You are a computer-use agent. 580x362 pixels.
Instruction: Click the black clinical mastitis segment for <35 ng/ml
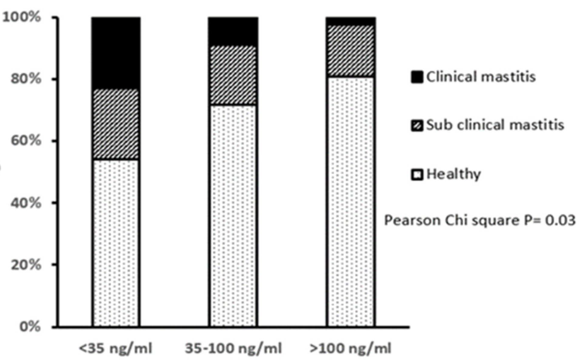click(x=116, y=53)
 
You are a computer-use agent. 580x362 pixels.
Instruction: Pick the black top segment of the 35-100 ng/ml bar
click(x=233, y=31)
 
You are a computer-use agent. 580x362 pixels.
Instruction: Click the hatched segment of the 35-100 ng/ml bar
click(x=233, y=75)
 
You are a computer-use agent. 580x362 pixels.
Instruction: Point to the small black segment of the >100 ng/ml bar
click(x=351, y=21)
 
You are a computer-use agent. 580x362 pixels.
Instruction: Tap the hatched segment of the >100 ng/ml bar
click(x=351, y=51)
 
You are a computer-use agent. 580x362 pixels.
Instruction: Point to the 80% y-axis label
click(x=25, y=79)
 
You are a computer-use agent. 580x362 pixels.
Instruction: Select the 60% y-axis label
click(x=25, y=141)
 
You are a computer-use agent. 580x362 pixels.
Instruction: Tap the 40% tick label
click(x=25, y=203)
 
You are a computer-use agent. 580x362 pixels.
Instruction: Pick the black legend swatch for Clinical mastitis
click(x=417, y=77)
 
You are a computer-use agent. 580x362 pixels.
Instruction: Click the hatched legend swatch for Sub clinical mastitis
click(x=417, y=125)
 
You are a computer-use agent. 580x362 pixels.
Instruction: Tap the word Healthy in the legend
click(x=453, y=174)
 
